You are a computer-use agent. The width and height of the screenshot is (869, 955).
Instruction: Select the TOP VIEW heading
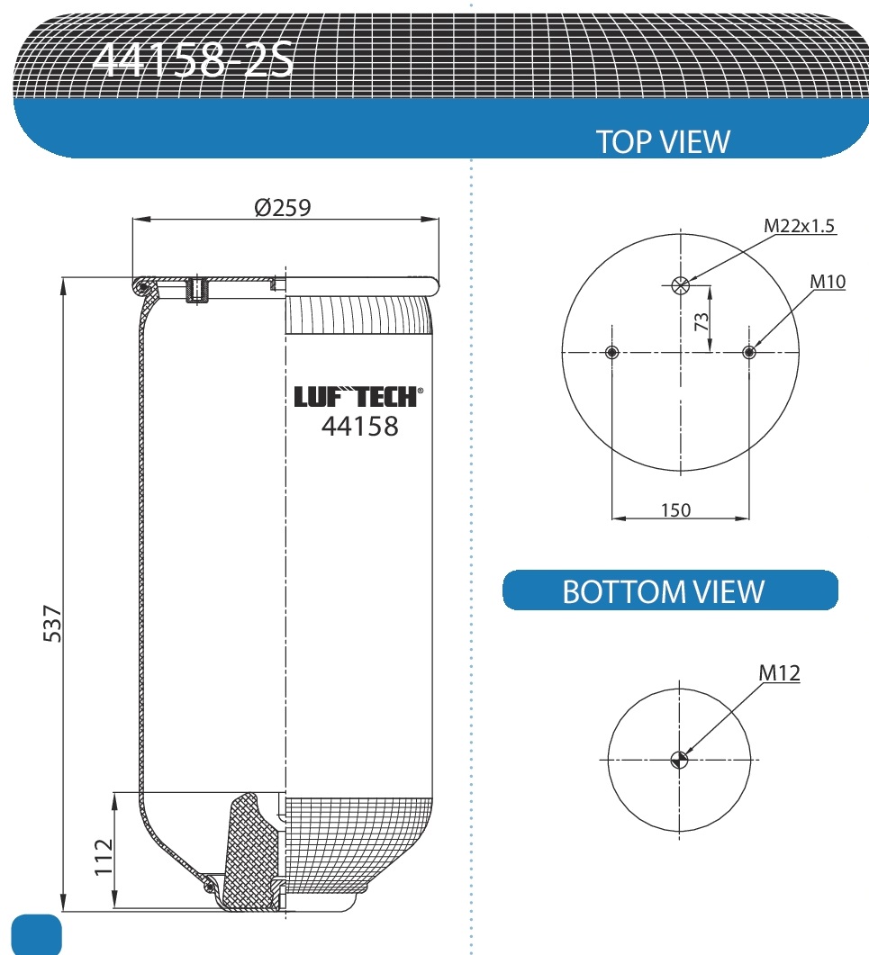(x=663, y=141)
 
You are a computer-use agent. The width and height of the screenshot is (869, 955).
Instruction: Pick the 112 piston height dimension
(x=103, y=856)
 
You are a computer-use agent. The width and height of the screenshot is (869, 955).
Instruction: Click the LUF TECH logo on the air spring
(x=358, y=397)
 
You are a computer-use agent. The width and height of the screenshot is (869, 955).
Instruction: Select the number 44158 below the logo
(x=359, y=426)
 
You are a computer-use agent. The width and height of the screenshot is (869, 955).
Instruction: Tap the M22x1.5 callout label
(x=800, y=226)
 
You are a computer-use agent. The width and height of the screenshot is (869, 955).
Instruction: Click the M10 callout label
(x=827, y=282)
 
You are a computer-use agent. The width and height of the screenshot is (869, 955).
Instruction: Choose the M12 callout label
(x=778, y=672)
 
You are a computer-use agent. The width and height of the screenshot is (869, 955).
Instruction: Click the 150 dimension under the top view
(x=675, y=510)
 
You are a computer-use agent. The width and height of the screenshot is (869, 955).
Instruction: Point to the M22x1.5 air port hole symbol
(x=680, y=285)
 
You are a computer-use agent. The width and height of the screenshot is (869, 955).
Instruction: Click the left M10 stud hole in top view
(x=612, y=352)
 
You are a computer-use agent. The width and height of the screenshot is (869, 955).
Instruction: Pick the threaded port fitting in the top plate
(x=195, y=290)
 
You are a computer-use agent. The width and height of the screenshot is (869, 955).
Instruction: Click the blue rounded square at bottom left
(x=37, y=935)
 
